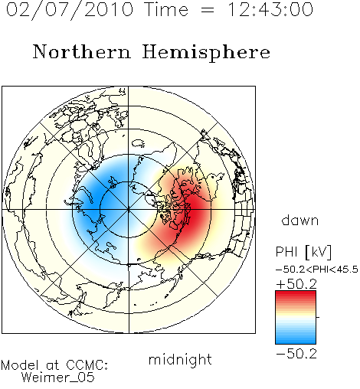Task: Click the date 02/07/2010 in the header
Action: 70,10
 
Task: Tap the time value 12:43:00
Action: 270,10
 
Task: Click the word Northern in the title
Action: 82,52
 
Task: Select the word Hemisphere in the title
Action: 206,53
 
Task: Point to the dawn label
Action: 299,220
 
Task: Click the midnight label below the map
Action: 180,359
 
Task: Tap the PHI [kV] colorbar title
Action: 303,252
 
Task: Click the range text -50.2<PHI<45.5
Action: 317,270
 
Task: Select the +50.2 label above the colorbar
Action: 296,284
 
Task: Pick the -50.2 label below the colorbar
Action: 296,354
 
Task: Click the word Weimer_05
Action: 58,378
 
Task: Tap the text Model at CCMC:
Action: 54,365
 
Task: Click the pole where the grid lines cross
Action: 129,210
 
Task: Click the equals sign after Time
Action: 207,10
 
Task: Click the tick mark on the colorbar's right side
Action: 318,317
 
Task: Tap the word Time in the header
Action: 166,10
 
